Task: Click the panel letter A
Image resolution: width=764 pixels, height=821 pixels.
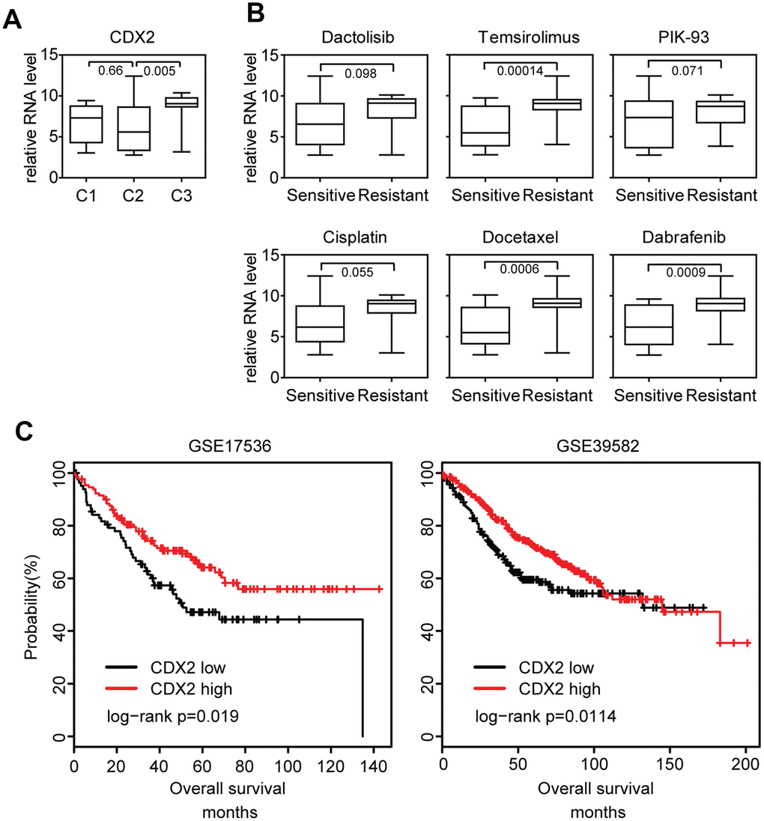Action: click(x=12, y=19)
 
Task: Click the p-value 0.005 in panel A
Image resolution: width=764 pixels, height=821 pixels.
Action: click(x=160, y=72)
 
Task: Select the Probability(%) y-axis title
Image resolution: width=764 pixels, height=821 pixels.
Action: click(x=31, y=602)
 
